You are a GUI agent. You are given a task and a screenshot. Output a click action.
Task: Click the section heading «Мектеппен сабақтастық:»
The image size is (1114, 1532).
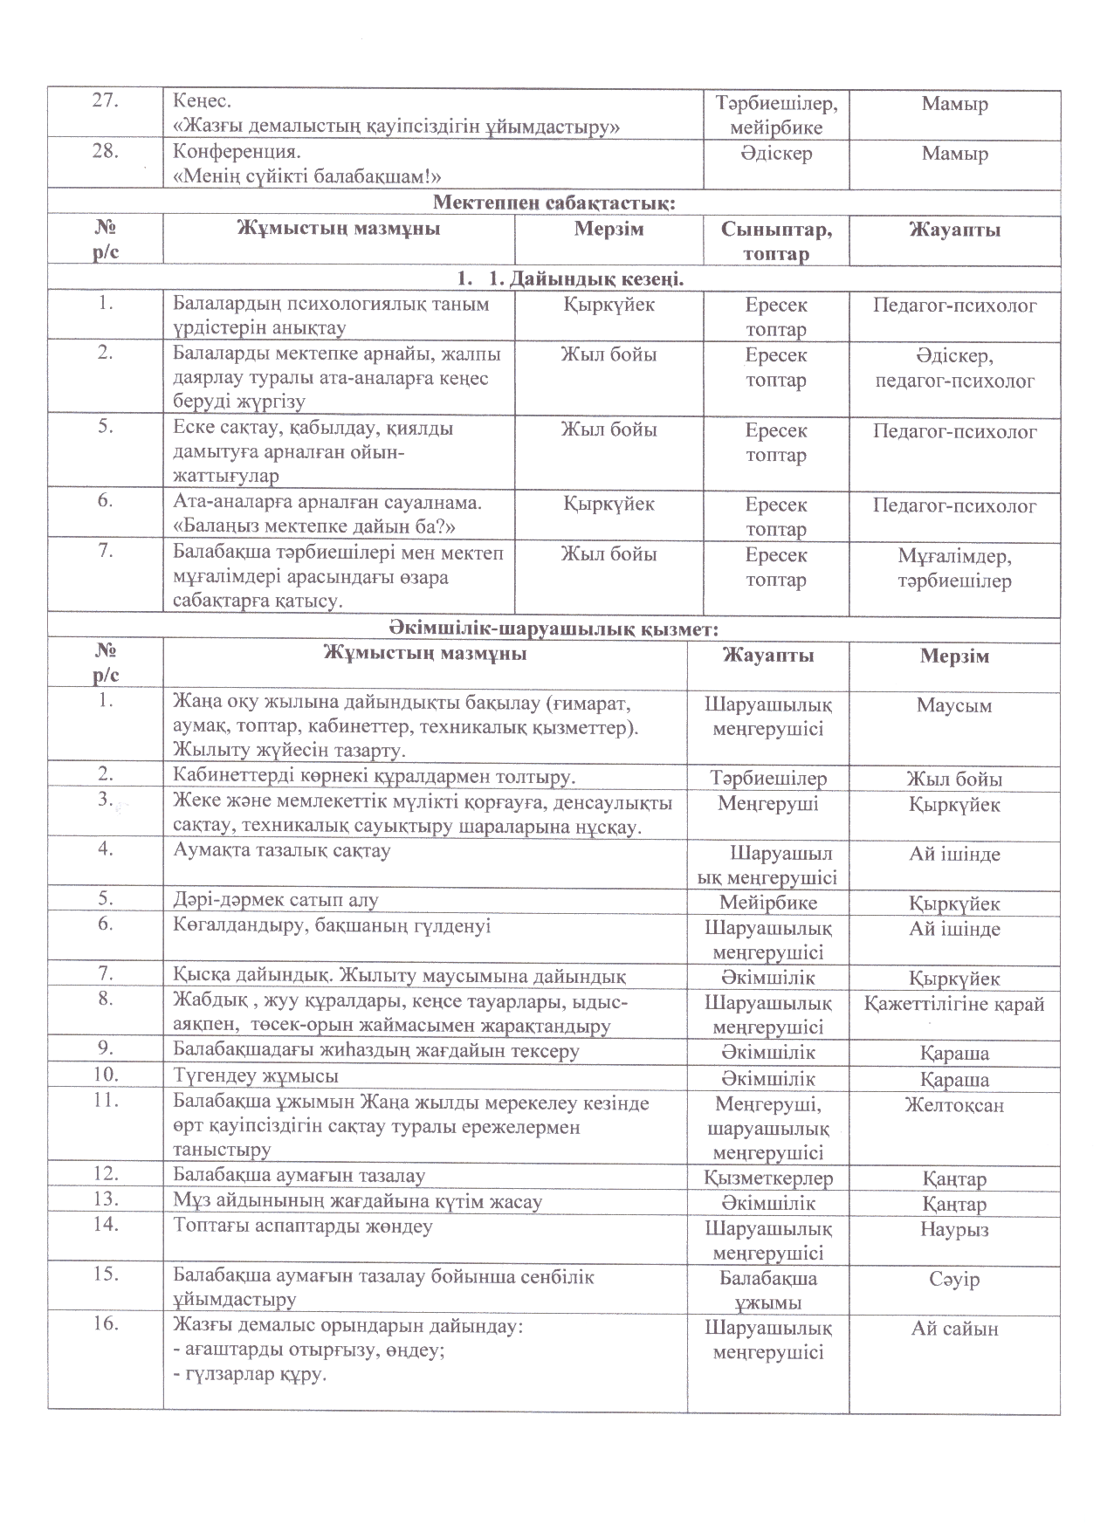click(x=554, y=204)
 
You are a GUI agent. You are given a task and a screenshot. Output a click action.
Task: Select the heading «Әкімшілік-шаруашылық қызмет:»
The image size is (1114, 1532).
click(x=554, y=628)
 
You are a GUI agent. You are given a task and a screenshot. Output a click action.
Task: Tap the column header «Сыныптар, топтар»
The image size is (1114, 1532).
click(x=776, y=242)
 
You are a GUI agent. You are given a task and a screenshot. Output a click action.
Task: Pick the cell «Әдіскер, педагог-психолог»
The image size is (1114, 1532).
click(x=954, y=368)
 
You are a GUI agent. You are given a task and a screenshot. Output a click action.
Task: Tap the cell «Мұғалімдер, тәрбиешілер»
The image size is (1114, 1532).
click(x=954, y=568)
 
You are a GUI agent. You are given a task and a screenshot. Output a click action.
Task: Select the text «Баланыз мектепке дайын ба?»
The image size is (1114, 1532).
click(x=316, y=527)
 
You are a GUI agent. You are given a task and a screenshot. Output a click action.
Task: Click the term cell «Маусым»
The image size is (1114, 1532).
click(x=954, y=705)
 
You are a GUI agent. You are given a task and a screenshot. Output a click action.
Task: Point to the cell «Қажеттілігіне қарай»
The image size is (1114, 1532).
click(x=954, y=1004)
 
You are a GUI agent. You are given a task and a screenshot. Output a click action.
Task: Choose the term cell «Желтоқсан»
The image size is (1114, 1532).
click(x=954, y=1105)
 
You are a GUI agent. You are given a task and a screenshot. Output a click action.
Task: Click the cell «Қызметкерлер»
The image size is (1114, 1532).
click(x=768, y=1178)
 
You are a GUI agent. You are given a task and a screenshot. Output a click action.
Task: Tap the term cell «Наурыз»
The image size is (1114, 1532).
click(x=954, y=1229)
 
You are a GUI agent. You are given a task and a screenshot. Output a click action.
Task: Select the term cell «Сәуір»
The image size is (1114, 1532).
click(x=954, y=1279)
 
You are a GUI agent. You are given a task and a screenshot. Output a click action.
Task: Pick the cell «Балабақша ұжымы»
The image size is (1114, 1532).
click(x=768, y=1290)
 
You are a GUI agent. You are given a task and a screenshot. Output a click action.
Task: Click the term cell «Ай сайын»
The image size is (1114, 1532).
click(x=954, y=1329)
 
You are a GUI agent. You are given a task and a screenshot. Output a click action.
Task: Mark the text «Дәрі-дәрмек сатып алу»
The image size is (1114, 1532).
click(x=276, y=900)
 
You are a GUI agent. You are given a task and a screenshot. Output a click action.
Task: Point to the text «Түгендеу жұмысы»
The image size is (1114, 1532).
click(x=256, y=1076)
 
